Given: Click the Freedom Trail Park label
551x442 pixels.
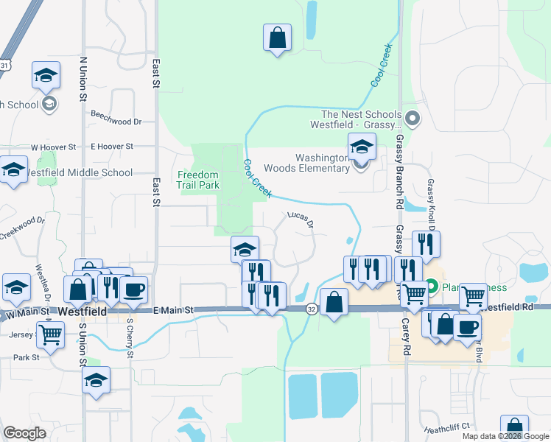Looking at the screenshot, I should [x=197, y=180].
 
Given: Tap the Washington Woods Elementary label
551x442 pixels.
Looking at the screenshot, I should [x=323, y=163].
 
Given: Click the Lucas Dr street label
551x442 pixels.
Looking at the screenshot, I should [x=301, y=218].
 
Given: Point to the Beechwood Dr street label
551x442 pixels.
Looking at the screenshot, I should [x=116, y=121].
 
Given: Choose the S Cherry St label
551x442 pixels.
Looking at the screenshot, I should [x=130, y=338].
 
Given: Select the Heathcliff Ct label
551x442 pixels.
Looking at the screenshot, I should [x=446, y=427].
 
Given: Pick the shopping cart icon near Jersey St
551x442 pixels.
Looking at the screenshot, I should [x=50, y=334].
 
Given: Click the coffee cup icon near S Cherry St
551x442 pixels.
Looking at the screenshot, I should [x=134, y=290].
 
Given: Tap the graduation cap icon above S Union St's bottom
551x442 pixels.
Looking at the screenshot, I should [x=96, y=380].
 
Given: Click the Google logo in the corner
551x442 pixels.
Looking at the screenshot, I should [x=24, y=433].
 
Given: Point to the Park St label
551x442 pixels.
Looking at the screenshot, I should [x=26, y=357].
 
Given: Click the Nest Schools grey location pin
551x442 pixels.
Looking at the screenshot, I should [x=412, y=117].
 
